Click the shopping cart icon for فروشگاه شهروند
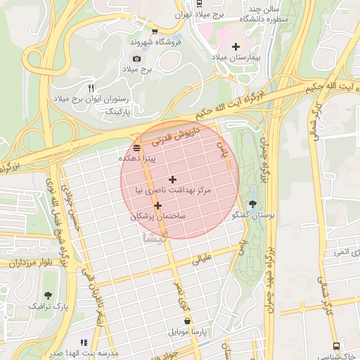click(x=155, y=31)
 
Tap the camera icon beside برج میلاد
click(x=136, y=58)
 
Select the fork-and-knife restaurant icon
click(x=90, y=87)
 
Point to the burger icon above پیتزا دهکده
click(x=136, y=148)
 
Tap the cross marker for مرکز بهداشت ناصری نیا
click(x=172, y=180)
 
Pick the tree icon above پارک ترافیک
click(x=48, y=295)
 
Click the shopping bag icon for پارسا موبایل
click(x=187, y=320)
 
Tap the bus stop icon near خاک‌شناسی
click(x=336, y=347)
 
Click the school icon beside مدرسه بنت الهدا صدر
click(x=84, y=342)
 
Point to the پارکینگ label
click(x=108, y=112)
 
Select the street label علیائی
click(x=202, y=259)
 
